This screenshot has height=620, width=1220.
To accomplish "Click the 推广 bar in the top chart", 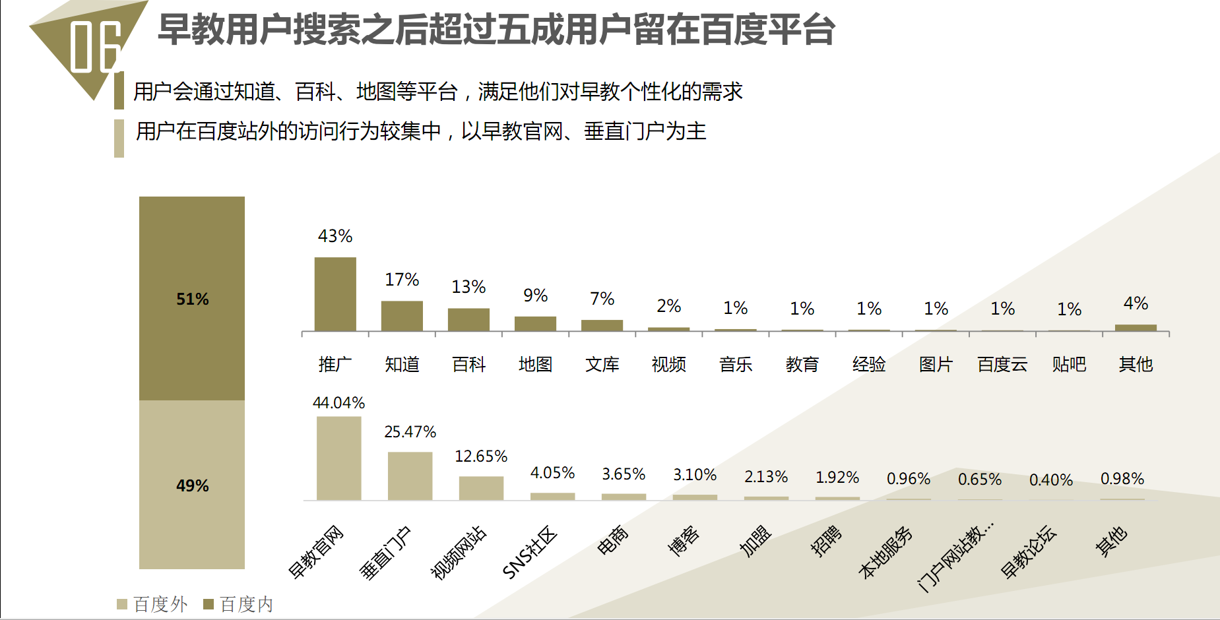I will tap(335, 294).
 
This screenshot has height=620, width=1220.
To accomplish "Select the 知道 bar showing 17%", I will tap(402, 316).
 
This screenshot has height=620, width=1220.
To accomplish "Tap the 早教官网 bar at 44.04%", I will tap(338, 458).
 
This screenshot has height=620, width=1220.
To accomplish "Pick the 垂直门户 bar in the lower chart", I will tap(410, 476).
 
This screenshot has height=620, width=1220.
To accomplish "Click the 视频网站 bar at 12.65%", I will tap(481, 488).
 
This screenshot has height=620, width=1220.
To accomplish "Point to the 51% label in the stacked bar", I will tap(192, 299).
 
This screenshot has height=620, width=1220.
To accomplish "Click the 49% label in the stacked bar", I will tap(192, 486).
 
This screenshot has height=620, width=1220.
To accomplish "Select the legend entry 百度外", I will tap(152, 604).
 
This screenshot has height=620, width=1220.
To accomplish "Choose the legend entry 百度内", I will tap(238, 604).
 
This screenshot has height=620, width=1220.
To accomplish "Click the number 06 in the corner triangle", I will tap(95, 46).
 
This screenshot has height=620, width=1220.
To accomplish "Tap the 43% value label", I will tap(335, 236).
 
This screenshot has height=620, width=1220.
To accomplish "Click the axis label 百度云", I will tap(1002, 364).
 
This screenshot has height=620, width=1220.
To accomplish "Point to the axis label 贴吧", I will tap(1069, 364).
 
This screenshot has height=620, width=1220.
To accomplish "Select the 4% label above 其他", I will tap(1136, 303).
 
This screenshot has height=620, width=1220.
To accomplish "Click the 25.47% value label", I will tap(410, 432).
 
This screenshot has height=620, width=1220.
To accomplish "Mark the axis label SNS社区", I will tap(529, 553).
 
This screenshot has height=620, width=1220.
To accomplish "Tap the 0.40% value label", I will tap(1050, 480).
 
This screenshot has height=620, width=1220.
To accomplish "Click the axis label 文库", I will tap(602, 364).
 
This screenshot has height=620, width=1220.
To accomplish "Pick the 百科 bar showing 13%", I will tap(468, 319).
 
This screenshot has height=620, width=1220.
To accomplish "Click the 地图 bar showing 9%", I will tap(535, 323).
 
